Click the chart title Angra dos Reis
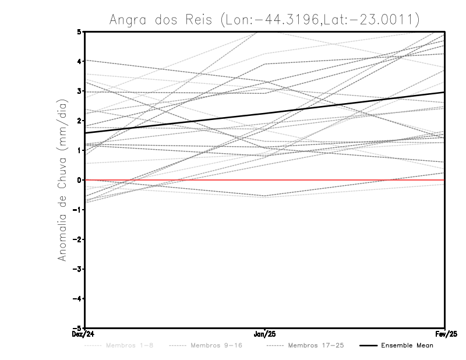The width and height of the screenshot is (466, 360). pos(264,19)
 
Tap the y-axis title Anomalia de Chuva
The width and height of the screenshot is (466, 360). pos(62,180)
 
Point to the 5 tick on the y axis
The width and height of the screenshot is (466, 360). pos(79,31)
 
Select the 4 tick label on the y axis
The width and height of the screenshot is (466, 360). pos(79,61)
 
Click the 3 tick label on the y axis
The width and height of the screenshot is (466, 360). pos(79,91)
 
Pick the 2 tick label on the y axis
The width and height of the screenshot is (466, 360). pos(79,121)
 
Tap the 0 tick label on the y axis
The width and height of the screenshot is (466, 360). pos(79,180)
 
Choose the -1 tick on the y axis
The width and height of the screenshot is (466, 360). pos(77,210)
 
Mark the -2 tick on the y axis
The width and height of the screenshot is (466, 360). pos(77,239)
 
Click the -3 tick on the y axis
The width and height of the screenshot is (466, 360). pos(77,269)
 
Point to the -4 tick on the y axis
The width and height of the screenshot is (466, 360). pos(77,299)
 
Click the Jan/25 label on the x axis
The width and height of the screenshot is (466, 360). pos(265,334)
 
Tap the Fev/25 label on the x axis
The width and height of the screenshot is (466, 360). pos(444,334)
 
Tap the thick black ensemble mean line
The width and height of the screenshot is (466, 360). pos(265,113)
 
